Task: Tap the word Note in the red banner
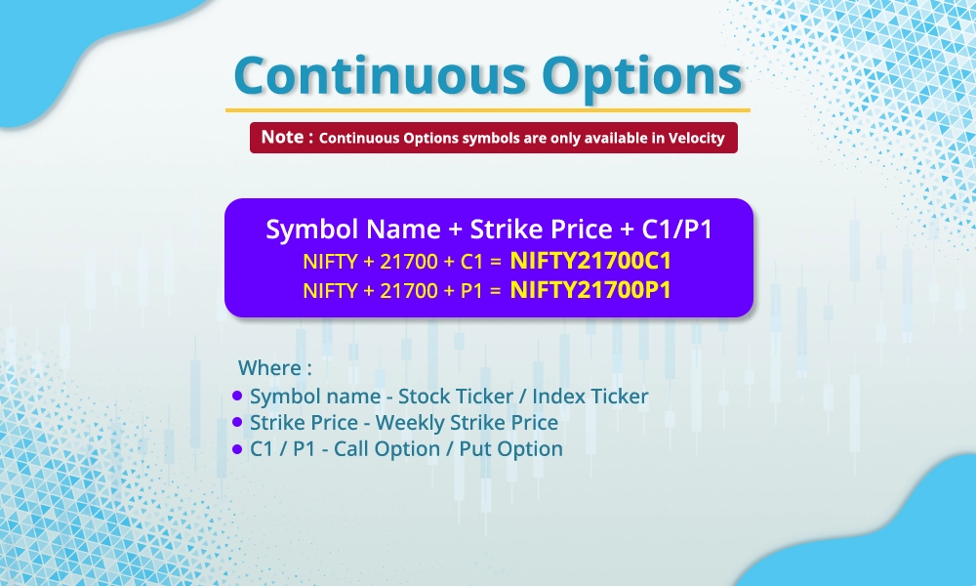point(281,138)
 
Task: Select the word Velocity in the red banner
point(696,139)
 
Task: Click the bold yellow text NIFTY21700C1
point(590,261)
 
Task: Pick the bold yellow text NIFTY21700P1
point(590,289)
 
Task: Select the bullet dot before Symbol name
point(237,397)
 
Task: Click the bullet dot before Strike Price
point(237,423)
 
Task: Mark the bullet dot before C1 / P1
point(237,449)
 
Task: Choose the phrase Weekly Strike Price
point(467,423)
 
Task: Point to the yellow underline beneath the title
point(488,110)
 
